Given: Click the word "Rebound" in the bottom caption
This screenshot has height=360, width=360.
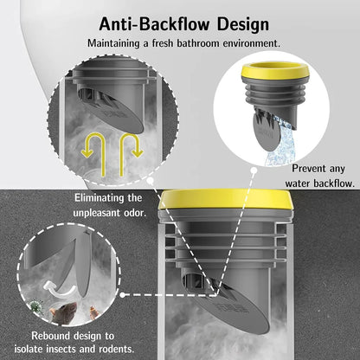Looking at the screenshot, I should [x=51, y=336].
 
